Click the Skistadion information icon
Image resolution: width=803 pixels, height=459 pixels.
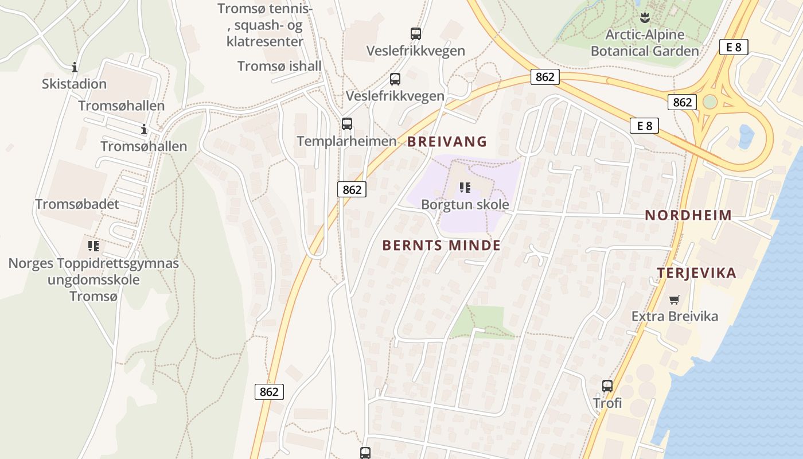[x=74, y=67]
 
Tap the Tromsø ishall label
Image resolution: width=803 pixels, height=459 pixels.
[x=279, y=66]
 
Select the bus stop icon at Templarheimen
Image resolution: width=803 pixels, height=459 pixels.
[x=346, y=123]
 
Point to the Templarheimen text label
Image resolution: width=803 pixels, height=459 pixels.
[x=346, y=141]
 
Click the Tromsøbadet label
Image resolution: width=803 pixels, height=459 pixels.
[x=77, y=204]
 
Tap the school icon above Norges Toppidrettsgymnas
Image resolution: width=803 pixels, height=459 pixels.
[x=93, y=246]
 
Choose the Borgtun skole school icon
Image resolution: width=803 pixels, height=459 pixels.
[x=465, y=187]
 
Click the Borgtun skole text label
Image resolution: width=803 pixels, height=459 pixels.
[x=465, y=205]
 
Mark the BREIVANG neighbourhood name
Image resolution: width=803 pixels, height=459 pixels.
[x=447, y=142]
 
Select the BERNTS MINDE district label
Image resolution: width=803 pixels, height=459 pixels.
[x=441, y=246]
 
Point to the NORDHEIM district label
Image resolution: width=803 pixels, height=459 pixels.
[x=688, y=216]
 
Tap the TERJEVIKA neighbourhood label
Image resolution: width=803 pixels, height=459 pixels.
[x=696, y=273]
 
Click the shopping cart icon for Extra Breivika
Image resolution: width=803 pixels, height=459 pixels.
[x=675, y=299]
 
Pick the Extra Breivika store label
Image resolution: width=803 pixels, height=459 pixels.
[x=675, y=316]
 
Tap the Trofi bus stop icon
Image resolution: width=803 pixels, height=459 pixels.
[x=607, y=386]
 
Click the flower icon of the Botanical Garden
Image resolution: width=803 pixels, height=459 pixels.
[x=645, y=17]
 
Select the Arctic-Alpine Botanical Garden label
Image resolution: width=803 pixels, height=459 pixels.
[x=645, y=43]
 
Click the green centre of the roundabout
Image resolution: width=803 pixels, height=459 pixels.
[x=710, y=102]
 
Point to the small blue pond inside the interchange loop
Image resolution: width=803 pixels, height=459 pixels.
[x=746, y=137]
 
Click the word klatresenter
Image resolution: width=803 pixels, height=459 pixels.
[x=264, y=42]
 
